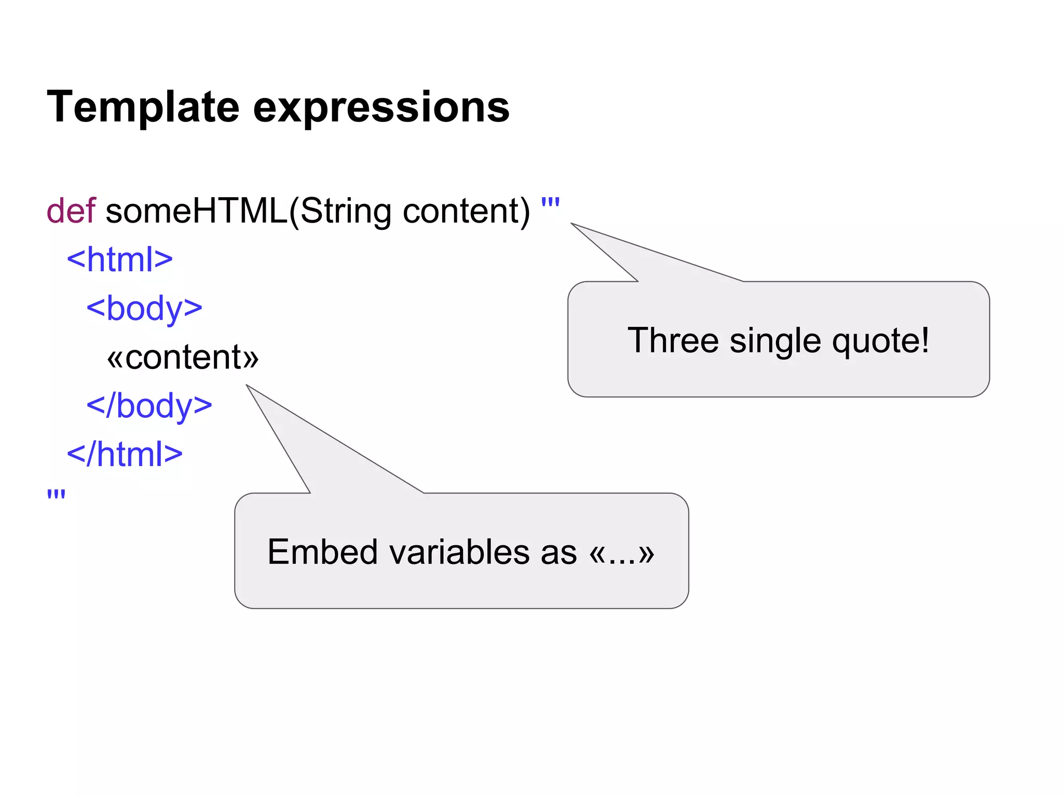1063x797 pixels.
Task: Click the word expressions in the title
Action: pos(381,107)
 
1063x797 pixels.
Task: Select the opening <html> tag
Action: pos(119,259)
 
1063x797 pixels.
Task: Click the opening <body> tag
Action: pos(144,308)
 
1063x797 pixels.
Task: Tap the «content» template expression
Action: pos(183,357)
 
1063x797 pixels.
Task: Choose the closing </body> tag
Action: pos(149,406)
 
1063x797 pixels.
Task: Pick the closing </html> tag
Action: pos(125,454)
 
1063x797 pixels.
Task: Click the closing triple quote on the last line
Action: pos(56,494)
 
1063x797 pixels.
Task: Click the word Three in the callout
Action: pos(673,340)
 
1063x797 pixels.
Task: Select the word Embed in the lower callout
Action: pos(322,552)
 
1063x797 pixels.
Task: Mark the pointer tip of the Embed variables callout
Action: pos(248,386)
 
